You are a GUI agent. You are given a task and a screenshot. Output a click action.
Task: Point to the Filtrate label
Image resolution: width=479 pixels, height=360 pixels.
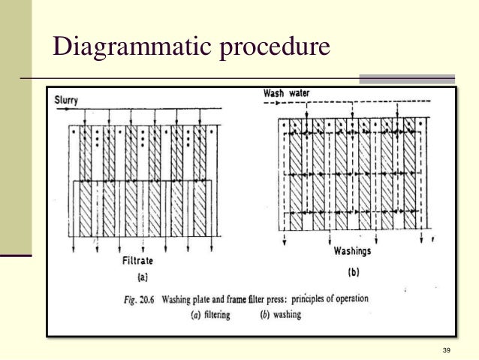pyautogui.click(x=139, y=262)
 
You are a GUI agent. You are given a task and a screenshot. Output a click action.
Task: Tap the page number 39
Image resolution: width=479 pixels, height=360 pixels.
pyautogui.click(x=447, y=351)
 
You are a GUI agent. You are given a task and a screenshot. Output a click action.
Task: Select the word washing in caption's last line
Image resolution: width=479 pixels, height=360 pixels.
pyautogui.click(x=286, y=315)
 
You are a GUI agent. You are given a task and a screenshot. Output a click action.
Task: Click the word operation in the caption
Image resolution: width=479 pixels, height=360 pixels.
pyautogui.click(x=349, y=298)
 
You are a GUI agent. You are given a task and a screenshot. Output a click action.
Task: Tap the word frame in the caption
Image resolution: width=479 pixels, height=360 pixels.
pyautogui.click(x=220, y=298)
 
